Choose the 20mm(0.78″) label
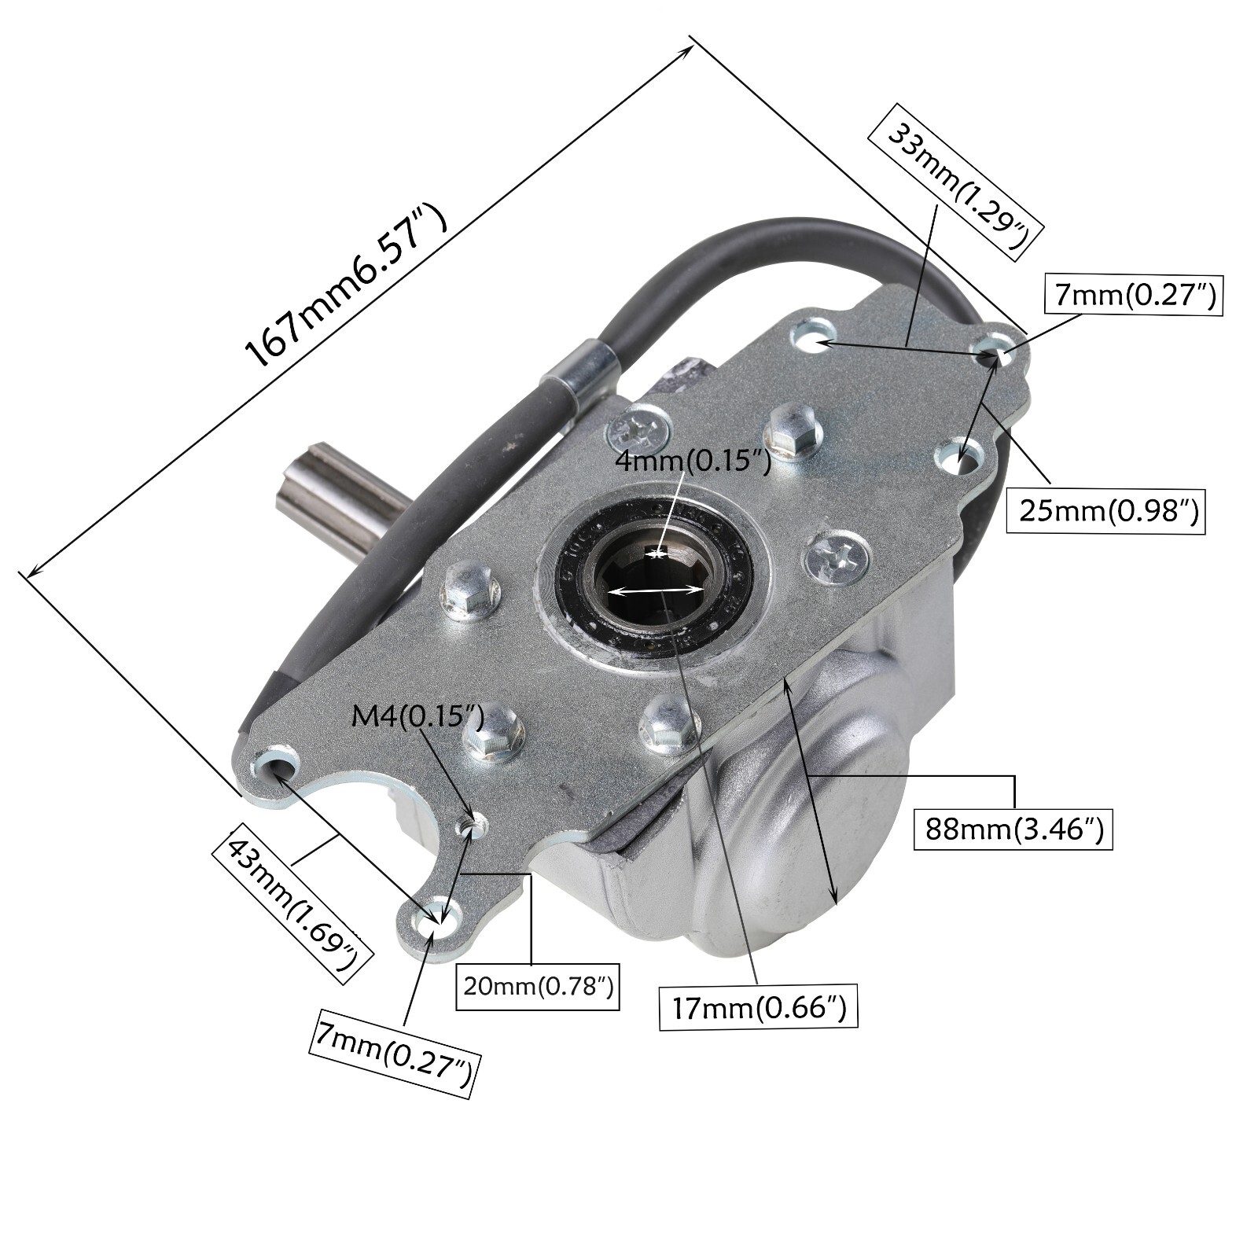pos(538,986)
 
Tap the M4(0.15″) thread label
pos(416,716)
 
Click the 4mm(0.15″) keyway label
pos(692,460)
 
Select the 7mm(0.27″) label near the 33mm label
pos(1133,295)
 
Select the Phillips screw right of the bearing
pos(836,559)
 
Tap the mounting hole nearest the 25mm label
pos(961,455)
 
